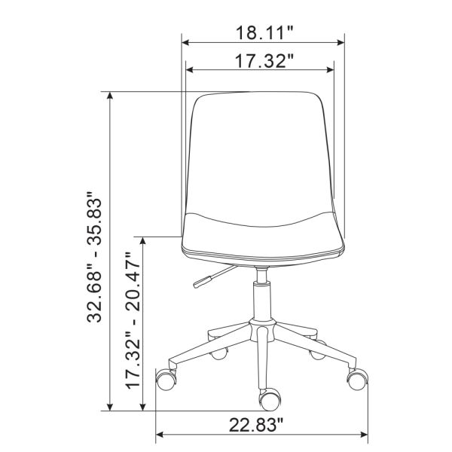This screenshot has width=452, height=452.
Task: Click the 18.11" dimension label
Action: [264, 32]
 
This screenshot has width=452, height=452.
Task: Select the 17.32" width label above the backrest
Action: [264, 61]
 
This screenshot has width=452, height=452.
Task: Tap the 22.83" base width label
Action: [256, 425]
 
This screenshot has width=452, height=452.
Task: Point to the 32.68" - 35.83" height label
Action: [94, 257]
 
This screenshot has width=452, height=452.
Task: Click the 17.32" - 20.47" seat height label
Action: [133, 321]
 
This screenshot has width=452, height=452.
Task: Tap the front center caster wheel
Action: [270, 400]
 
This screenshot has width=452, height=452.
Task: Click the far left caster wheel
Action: [166, 380]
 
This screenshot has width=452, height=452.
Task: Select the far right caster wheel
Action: [358, 379]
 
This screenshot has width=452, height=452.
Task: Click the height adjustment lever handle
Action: [203, 281]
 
